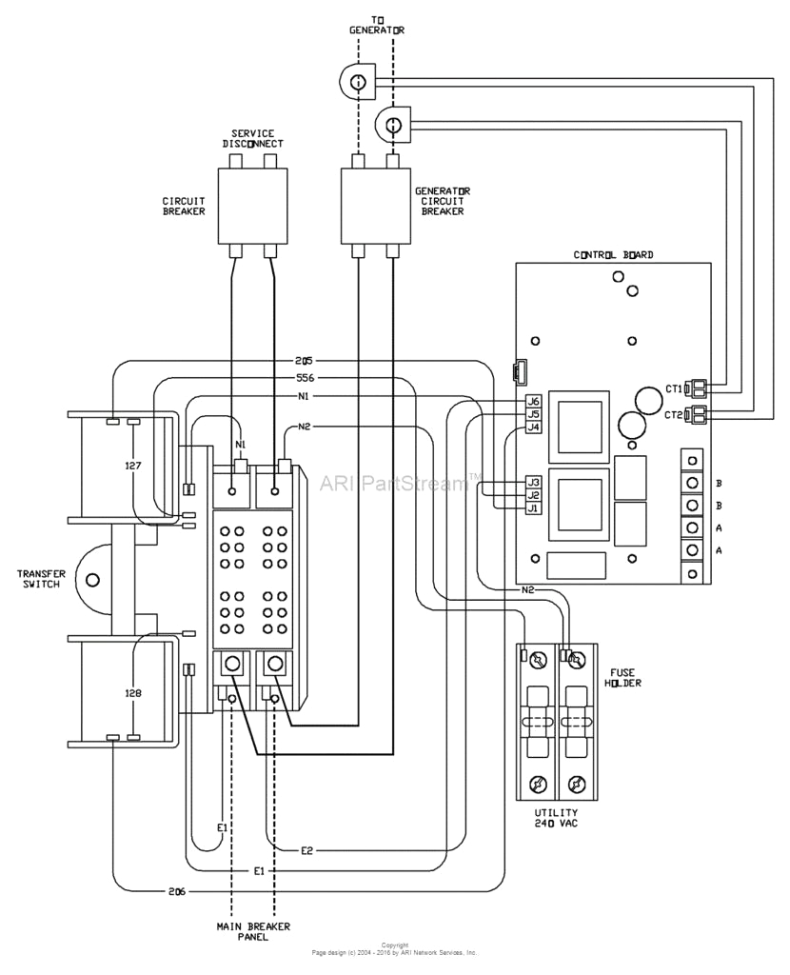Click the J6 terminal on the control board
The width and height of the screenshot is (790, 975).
tap(533, 402)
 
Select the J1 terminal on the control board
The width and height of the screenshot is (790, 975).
tap(533, 508)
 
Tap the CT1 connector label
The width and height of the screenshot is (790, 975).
tap(673, 388)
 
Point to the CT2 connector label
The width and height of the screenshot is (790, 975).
tap(673, 414)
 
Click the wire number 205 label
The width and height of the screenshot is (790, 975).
tap(304, 361)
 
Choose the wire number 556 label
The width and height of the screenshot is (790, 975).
tap(304, 378)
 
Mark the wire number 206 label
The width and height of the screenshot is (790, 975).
tap(177, 891)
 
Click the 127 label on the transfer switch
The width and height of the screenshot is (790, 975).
tap(133, 467)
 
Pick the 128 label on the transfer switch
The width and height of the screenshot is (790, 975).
tap(133, 693)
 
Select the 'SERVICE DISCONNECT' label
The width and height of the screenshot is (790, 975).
tap(253, 138)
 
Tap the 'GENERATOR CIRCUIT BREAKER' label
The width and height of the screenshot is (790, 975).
tap(442, 201)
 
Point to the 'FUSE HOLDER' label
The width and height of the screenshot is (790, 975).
tap(623, 678)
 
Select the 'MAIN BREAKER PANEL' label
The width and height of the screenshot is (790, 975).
tap(253, 931)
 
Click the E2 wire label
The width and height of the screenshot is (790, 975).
tap(307, 849)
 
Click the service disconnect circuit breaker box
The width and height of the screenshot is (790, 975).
tap(253, 205)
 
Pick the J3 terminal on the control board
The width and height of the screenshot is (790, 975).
tap(533, 482)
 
